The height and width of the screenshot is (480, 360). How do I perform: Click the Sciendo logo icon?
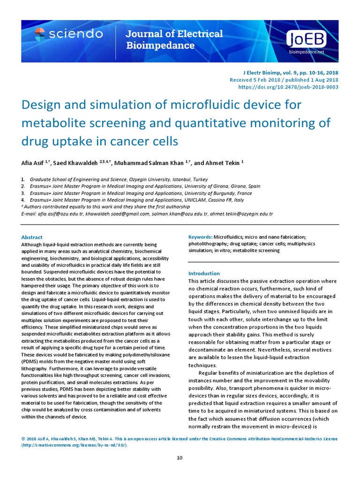(x=40, y=33)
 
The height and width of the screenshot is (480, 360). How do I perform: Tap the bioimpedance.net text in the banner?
(x=306, y=52)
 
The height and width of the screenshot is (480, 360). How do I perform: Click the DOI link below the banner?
(x=288, y=87)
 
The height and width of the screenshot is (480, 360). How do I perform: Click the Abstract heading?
(x=32, y=237)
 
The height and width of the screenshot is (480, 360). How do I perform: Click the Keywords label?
(x=200, y=237)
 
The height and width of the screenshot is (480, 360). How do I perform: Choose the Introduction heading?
(x=204, y=273)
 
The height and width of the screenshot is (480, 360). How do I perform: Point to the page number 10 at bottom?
(x=180, y=457)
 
